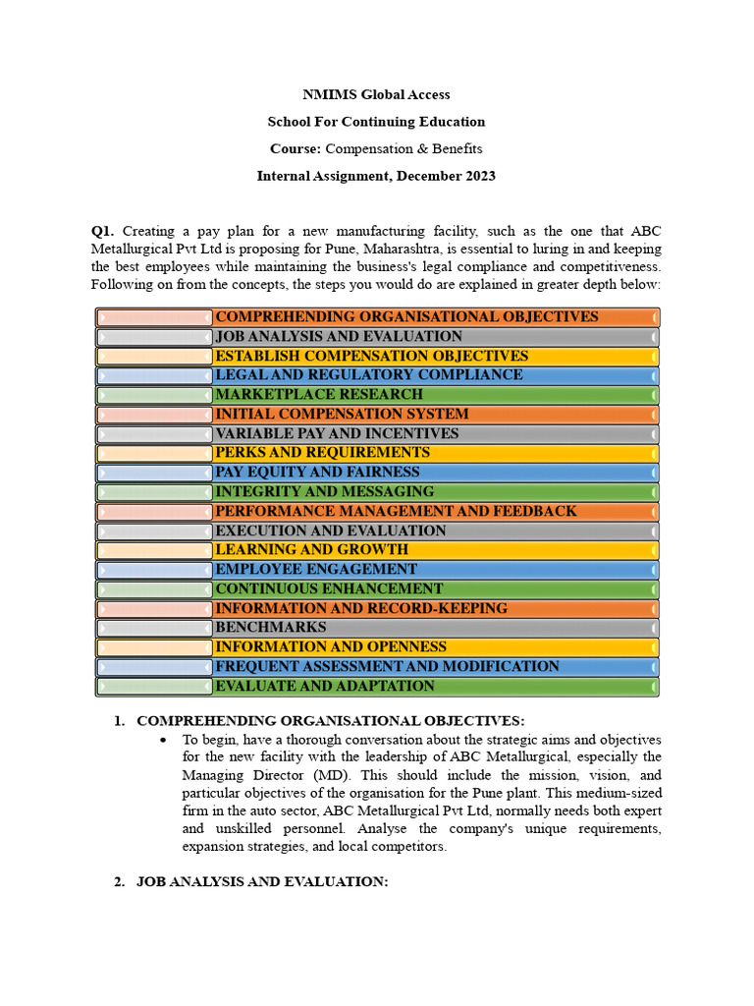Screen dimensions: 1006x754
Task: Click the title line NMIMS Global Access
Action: tap(376, 95)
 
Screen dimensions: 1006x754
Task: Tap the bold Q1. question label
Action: tap(104, 231)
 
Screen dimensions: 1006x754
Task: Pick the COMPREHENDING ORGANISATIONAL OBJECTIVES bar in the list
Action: tap(406, 317)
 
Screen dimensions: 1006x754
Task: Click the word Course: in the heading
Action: tap(296, 149)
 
